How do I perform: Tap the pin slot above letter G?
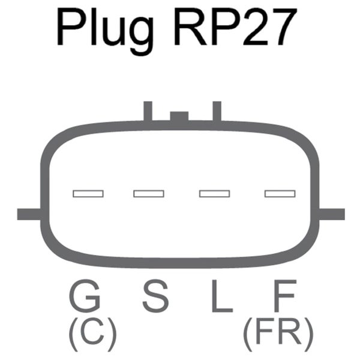click(x=88, y=193)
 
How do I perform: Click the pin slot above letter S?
click(x=149, y=193)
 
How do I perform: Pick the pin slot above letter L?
click(x=215, y=193)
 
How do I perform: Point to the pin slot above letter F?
click(x=280, y=193)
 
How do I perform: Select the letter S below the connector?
click(x=155, y=296)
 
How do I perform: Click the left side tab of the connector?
click(x=28, y=214)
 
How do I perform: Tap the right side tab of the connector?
click(x=332, y=214)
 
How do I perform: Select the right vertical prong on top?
click(x=217, y=111)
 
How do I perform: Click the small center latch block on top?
click(x=179, y=116)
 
